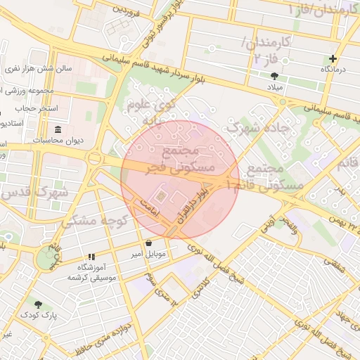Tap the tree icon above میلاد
click(274, 75)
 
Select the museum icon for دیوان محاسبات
click(58, 129)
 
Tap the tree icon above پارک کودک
click(38, 305)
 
